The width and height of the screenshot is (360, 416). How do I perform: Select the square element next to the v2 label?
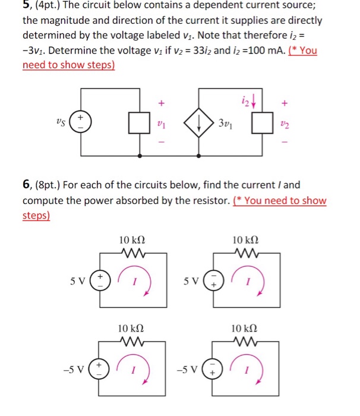259,124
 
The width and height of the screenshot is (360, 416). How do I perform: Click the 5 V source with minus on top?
212,278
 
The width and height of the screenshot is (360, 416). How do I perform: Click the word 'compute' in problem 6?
46,200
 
